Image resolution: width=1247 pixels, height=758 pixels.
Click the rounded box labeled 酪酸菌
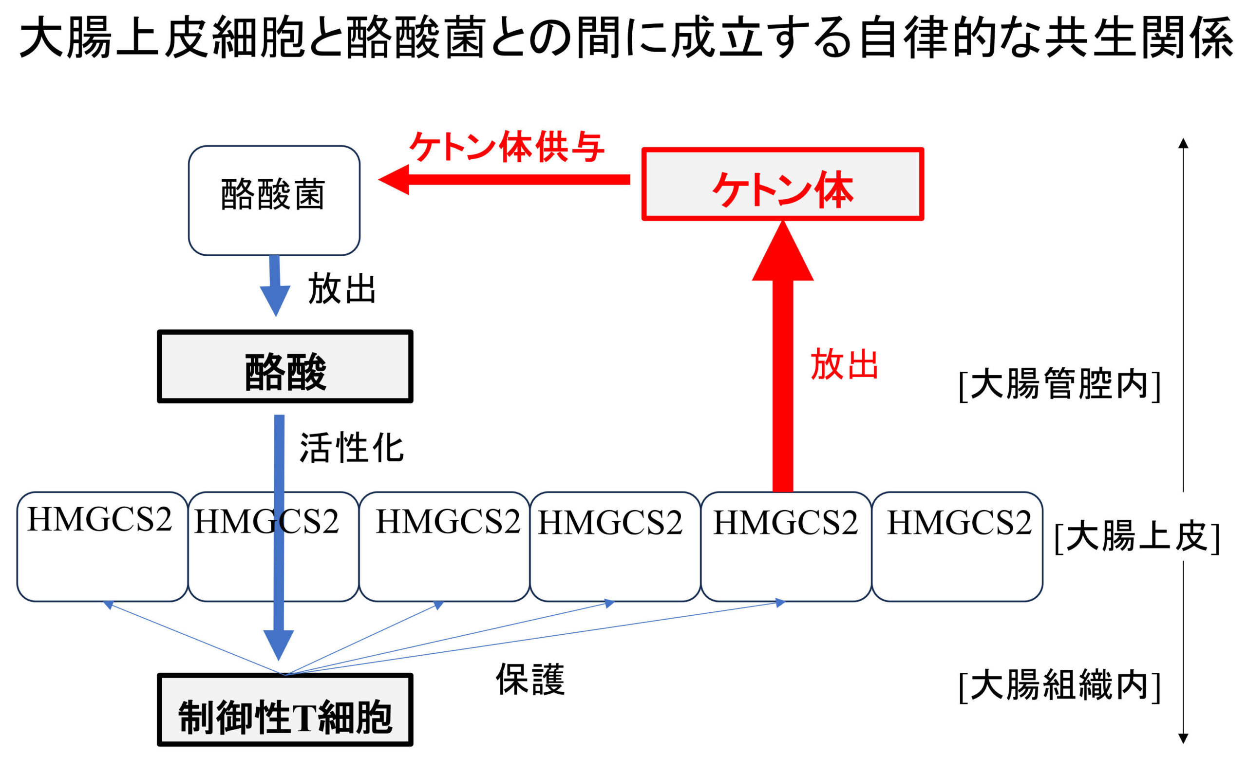pos(274,200)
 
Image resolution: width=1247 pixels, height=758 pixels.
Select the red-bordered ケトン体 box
pos(782,184)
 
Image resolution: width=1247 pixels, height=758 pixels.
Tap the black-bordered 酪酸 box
pos(285,366)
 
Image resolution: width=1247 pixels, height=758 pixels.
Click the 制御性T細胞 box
pos(285,709)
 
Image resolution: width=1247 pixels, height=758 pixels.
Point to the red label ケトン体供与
pos(506,147)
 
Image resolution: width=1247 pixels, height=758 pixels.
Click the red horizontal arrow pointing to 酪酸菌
pos(504,180)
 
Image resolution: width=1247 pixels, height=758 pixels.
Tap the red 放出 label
pos(844,364)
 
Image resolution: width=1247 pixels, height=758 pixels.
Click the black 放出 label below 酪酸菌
pos(341,288)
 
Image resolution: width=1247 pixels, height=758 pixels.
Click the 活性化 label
pos(351,448)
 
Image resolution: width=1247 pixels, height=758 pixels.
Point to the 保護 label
pos(529,679)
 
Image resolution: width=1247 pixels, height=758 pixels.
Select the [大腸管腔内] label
pos(1059,384)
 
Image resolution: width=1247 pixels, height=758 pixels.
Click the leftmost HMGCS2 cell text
pos(100,519)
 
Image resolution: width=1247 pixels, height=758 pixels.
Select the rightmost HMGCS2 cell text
pos(959,522)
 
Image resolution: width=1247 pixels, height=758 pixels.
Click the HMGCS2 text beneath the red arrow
pos(785,522)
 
